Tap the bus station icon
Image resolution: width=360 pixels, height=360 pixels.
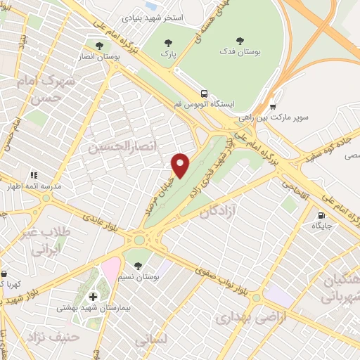point(203,94)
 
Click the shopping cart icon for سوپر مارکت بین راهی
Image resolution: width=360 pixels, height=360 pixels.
point(273,108)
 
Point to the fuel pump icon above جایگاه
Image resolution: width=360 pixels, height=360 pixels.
point(322,215)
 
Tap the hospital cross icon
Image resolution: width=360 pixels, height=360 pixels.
point(94,297)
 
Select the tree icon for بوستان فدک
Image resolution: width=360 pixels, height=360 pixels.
point(240,41)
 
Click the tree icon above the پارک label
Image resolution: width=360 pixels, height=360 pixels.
point(167,42)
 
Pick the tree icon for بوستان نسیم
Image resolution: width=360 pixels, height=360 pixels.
point(137,266)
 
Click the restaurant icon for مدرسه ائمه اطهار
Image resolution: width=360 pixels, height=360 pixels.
point(33,175)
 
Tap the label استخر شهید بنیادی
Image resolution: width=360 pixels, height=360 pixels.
point(153,16)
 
